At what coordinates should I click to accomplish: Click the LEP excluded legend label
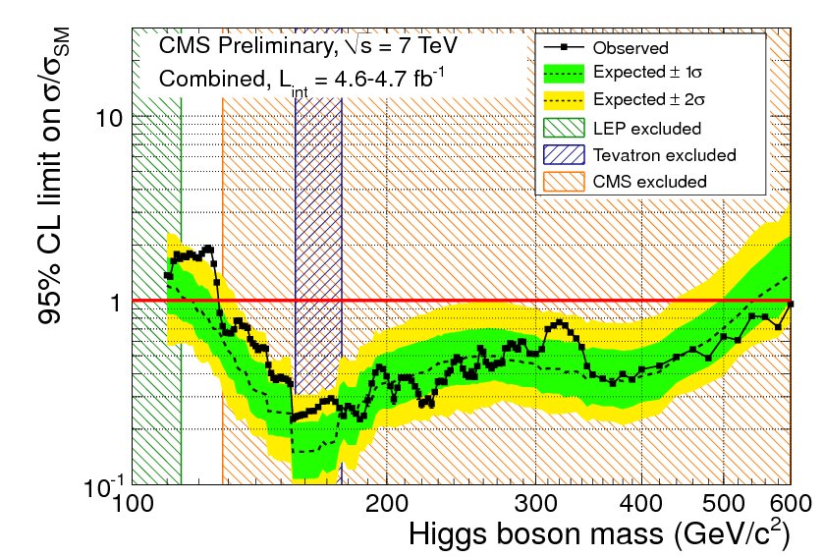[647, 128]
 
